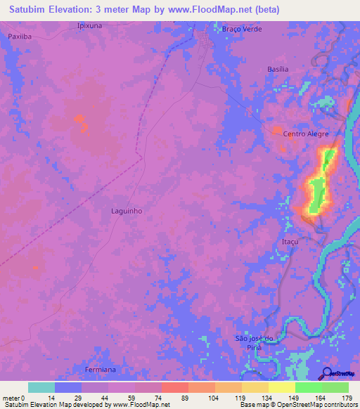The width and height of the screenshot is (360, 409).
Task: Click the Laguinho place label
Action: pyautogui.click(x=127, y=210)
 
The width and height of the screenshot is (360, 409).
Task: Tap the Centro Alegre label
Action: pyautogui.click(x=305, y=134)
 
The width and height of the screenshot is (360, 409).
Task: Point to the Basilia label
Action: pyautogui.click(x=278, y=70)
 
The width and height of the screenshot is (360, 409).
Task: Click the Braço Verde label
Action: pyautogui.click(x=241, y=29)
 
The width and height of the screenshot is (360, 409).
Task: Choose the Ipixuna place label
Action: pyautogui.click(x=89, y=25)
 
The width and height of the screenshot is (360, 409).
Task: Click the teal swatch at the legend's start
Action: pyautogui.click(x=41, y=387)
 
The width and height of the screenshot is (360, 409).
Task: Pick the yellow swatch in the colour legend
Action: pyautogui.click(x=282, y=387)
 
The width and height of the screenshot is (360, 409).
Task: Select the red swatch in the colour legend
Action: pyautogui.click(x=174, y=387)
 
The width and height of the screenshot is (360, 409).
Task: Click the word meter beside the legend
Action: pyautogui.click(x=12, y=397)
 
